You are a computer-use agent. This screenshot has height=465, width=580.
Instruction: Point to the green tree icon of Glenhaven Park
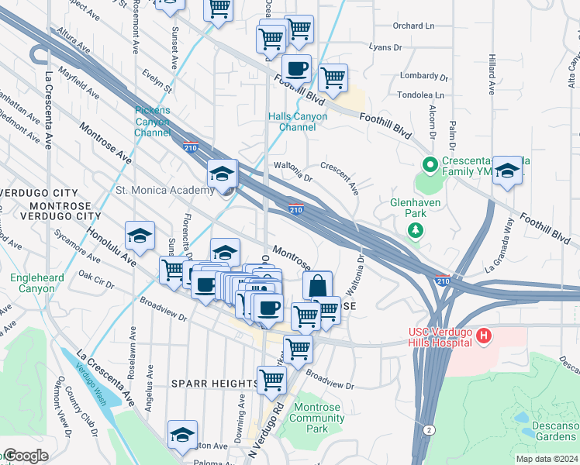click(416, 229)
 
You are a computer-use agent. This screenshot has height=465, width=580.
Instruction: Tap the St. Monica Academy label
click(164, 191)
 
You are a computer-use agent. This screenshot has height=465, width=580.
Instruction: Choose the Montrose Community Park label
click(316, 418)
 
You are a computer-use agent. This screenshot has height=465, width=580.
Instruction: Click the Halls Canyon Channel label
click(298, 122)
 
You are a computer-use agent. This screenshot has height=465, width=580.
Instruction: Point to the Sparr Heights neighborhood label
click(215, 384)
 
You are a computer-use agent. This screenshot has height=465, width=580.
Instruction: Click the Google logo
click(25, 456)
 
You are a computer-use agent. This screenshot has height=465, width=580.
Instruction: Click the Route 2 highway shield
click(427, 429)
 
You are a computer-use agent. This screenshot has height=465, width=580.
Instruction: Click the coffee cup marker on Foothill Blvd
click(296, 68)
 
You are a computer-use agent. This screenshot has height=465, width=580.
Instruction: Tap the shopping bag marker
click(317, 284)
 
